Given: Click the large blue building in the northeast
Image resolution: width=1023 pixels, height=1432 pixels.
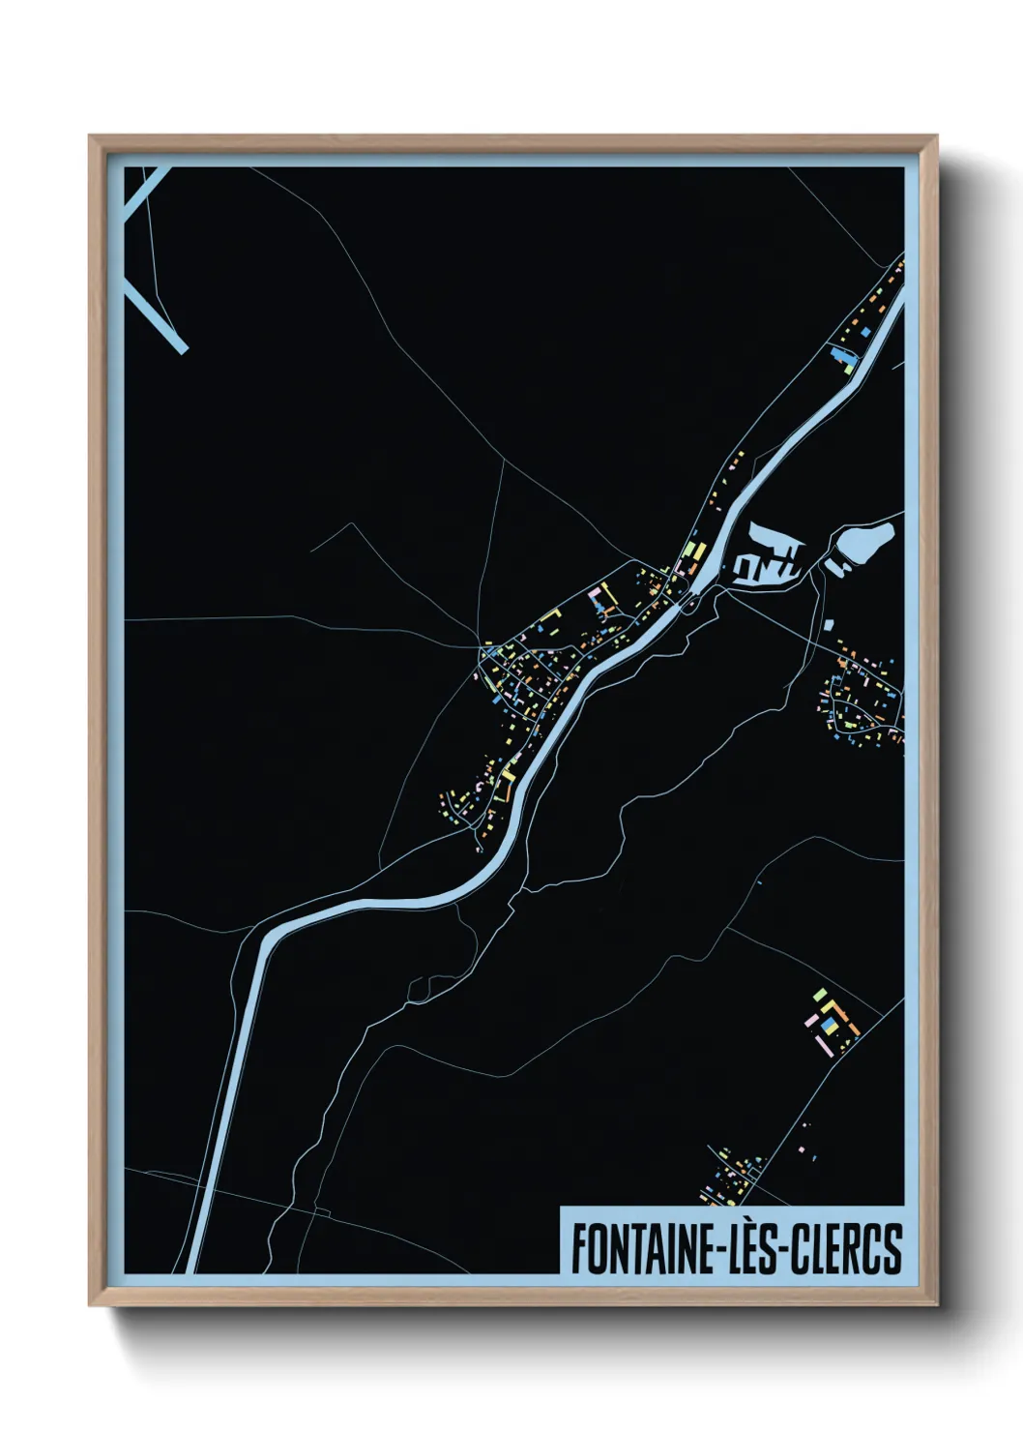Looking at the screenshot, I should [840, 356].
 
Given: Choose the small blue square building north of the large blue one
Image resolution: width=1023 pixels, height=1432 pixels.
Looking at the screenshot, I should [865, 333].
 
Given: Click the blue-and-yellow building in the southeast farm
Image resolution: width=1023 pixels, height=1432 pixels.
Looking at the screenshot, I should [830, 1024].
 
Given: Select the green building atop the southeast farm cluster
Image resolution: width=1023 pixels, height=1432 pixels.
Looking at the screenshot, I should [820, 994].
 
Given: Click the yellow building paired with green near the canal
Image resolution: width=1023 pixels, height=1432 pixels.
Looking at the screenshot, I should [690, 550].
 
